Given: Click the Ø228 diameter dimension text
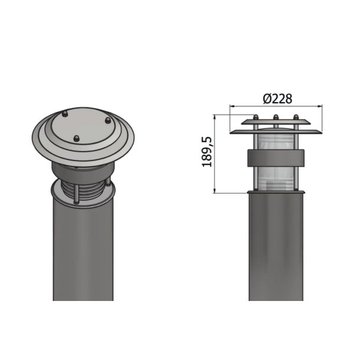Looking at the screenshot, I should coord(276,98).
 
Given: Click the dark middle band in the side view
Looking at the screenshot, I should coord(276,158).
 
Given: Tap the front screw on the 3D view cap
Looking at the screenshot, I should coord(76,139).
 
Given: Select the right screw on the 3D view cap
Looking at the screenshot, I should coord(107,120).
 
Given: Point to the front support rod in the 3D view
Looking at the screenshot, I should coord(76,192).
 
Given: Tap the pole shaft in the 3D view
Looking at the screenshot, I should coord(83,254).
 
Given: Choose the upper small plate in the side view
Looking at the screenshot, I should coord(276,122).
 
